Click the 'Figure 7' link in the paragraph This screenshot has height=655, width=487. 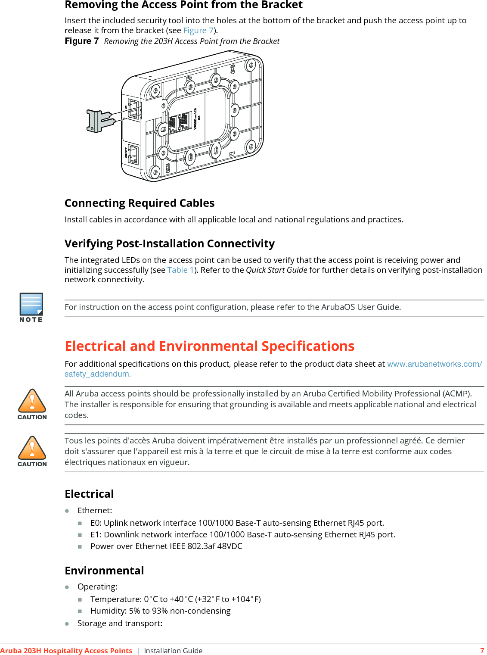point(199,31)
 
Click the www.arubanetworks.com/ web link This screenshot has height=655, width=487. point(434,364)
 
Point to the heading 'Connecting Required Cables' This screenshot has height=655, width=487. point(140,203)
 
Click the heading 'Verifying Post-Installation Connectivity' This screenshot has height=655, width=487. point(169,244)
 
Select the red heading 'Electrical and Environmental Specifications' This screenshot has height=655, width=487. point(209,346)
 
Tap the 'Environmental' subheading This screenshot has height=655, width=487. point(104,571)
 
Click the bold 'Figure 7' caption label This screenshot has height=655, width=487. point(81,41)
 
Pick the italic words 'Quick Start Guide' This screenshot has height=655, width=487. point(276,270)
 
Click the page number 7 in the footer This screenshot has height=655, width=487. point(482,651)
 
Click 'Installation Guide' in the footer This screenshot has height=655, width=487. point(173,651)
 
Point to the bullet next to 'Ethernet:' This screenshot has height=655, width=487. point(67,511)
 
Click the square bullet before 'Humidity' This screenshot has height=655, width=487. point(80,611)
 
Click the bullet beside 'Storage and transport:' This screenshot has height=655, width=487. point(67,624)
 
